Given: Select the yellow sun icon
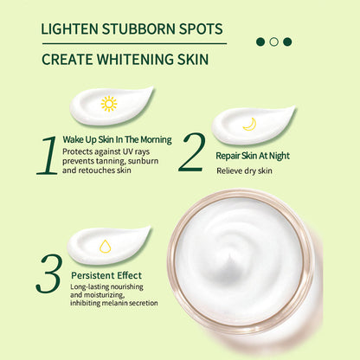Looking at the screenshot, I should point(108,104).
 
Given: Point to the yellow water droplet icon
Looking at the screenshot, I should point(106,245).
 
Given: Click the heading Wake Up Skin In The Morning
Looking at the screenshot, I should point(117,139).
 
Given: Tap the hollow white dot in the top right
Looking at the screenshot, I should point(273,41).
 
